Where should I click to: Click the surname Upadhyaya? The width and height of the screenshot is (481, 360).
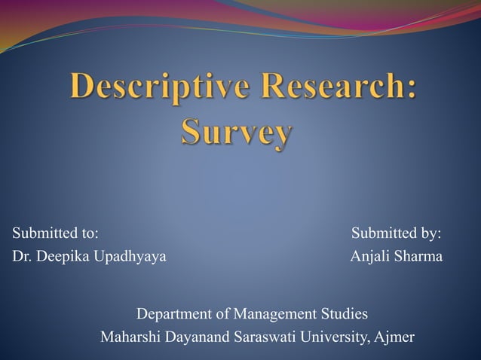click(x=132, y=258)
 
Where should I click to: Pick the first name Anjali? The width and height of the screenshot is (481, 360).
click(x=371, y=257)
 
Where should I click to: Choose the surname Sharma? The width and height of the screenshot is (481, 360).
click(x=420, y=257)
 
